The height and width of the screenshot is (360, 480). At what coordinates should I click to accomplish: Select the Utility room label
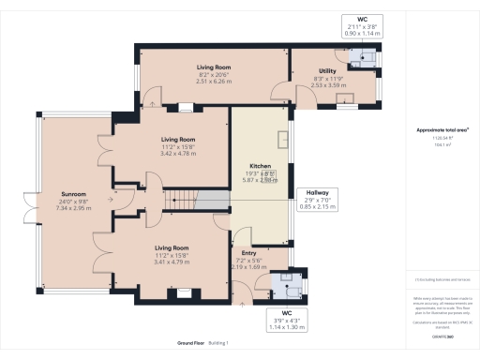(327, 71)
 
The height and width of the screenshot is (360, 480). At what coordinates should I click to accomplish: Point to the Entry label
(248, 253)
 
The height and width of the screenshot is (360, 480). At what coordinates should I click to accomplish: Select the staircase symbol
(185, 200)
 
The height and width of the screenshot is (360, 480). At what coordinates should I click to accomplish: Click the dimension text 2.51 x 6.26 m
(215, 81)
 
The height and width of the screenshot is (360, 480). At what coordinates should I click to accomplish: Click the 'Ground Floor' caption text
(193, 343)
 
